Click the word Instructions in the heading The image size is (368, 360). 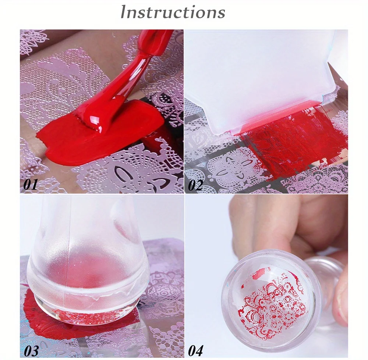[x=173, y=12]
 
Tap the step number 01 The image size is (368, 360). [x=31, y=185]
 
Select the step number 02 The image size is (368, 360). [x=195, y=185]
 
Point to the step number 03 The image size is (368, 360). [x=31, y=351]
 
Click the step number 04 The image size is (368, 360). [x=195, y=350]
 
